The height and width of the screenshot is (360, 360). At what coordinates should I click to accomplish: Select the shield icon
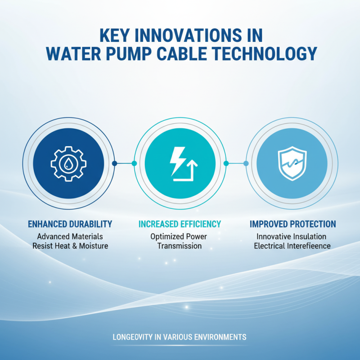(291, 163)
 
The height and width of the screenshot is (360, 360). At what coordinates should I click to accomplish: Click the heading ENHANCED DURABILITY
(70, 224)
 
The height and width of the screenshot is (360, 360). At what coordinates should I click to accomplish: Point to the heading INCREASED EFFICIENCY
(180, 224)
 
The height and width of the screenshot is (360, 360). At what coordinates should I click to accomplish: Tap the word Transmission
(180, 246)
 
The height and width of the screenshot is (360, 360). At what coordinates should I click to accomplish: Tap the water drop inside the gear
(68, 164)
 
